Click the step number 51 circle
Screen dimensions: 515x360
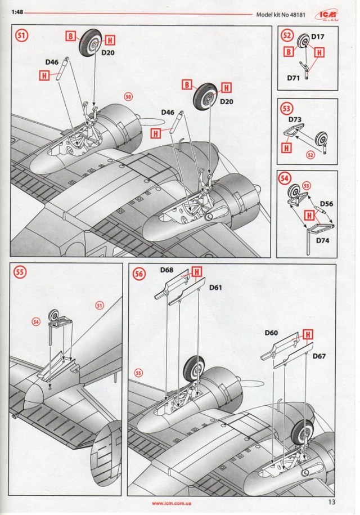21,35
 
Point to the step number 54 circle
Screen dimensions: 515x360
287,178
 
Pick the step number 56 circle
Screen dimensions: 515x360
139,274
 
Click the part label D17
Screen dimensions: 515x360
318,38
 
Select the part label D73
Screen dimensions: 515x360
295,119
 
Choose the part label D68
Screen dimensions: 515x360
166,270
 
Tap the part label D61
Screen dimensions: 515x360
215,288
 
